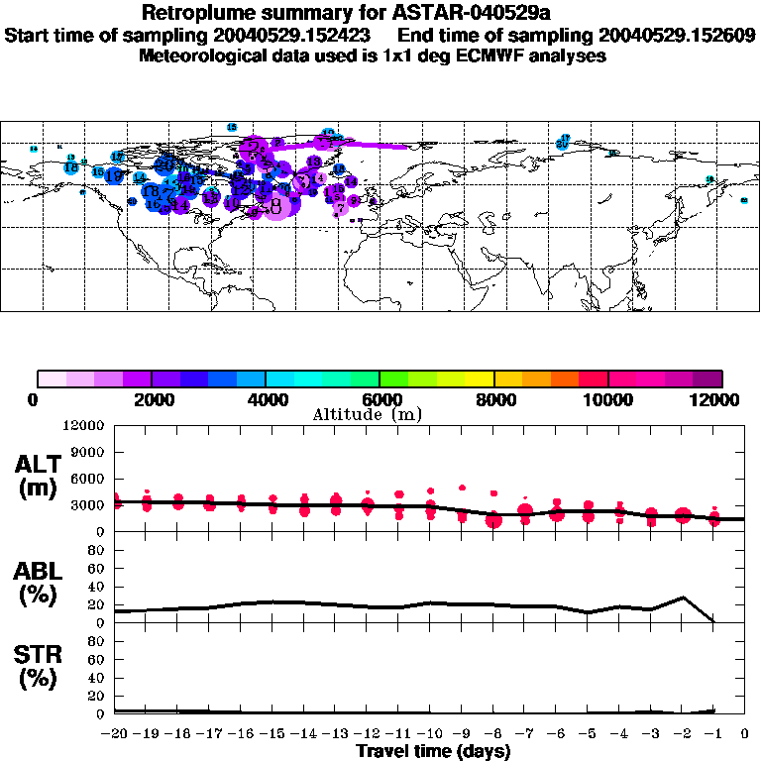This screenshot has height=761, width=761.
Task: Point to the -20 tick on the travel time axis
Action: pos(116,734)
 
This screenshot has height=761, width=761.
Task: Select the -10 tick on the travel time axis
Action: pos(430,734)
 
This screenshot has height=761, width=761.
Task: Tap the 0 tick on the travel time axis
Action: pos(745,734)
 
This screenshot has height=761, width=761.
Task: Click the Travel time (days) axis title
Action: pos(433,751)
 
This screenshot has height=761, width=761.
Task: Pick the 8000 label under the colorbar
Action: pos(493,399)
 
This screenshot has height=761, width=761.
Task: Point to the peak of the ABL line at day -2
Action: pos(682,598)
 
